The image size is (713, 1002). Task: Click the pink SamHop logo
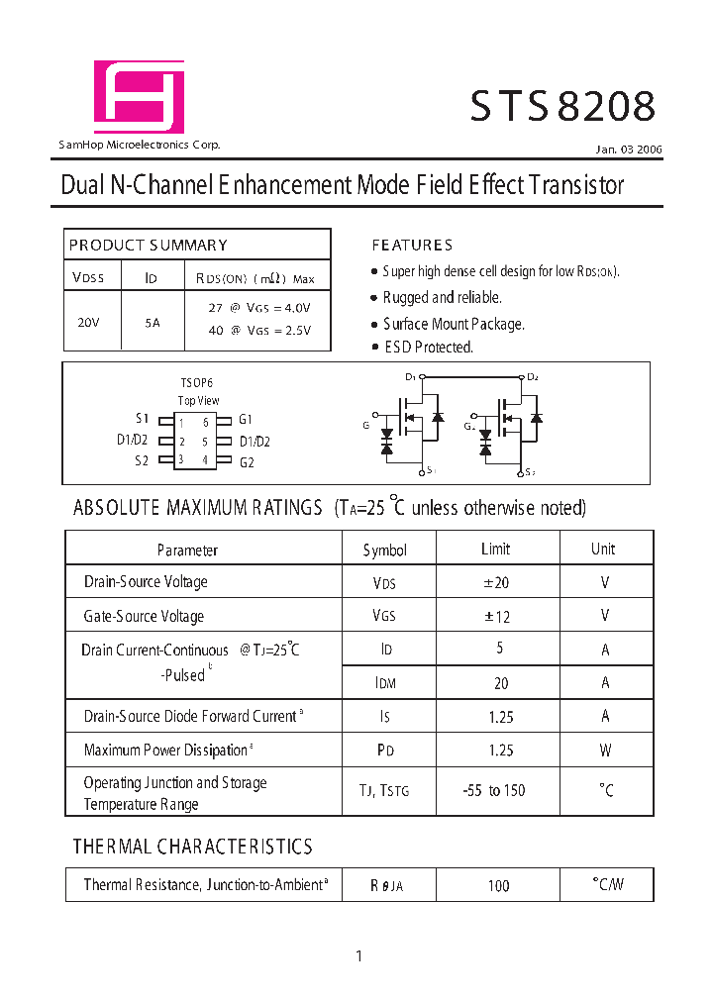click(x=139, y=96)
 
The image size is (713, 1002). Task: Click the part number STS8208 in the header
click(x=561, y=107)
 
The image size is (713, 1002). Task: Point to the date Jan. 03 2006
click(x=629, y=150)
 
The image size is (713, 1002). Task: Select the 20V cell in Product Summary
click(x=88, y=322)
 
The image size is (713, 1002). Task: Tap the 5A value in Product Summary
click(x=152, y=322)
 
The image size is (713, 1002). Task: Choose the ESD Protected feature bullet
click(x=428, y=348)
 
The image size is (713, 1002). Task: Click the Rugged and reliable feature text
click(x=442, y=297)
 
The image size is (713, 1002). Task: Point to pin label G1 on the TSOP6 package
click(x=246, y=420)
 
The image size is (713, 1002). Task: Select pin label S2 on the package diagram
click(x=142, y=460)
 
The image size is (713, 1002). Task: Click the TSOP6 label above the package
click(x=196, y=382)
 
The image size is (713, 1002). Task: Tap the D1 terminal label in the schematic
click(x=410, y=377)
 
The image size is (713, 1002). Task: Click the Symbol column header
click(x=385, y=550)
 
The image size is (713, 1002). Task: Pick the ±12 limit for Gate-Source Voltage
click(x=496, y=616)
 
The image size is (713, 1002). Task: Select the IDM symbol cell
click(x=385, y=683)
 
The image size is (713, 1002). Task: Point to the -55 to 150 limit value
click(x=494, y=790)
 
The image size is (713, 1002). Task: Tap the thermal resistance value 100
click(x=498, y=885)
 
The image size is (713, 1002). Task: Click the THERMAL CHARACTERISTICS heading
click(x=193, y=847)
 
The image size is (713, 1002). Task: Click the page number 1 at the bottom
click(x=358, y=955)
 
